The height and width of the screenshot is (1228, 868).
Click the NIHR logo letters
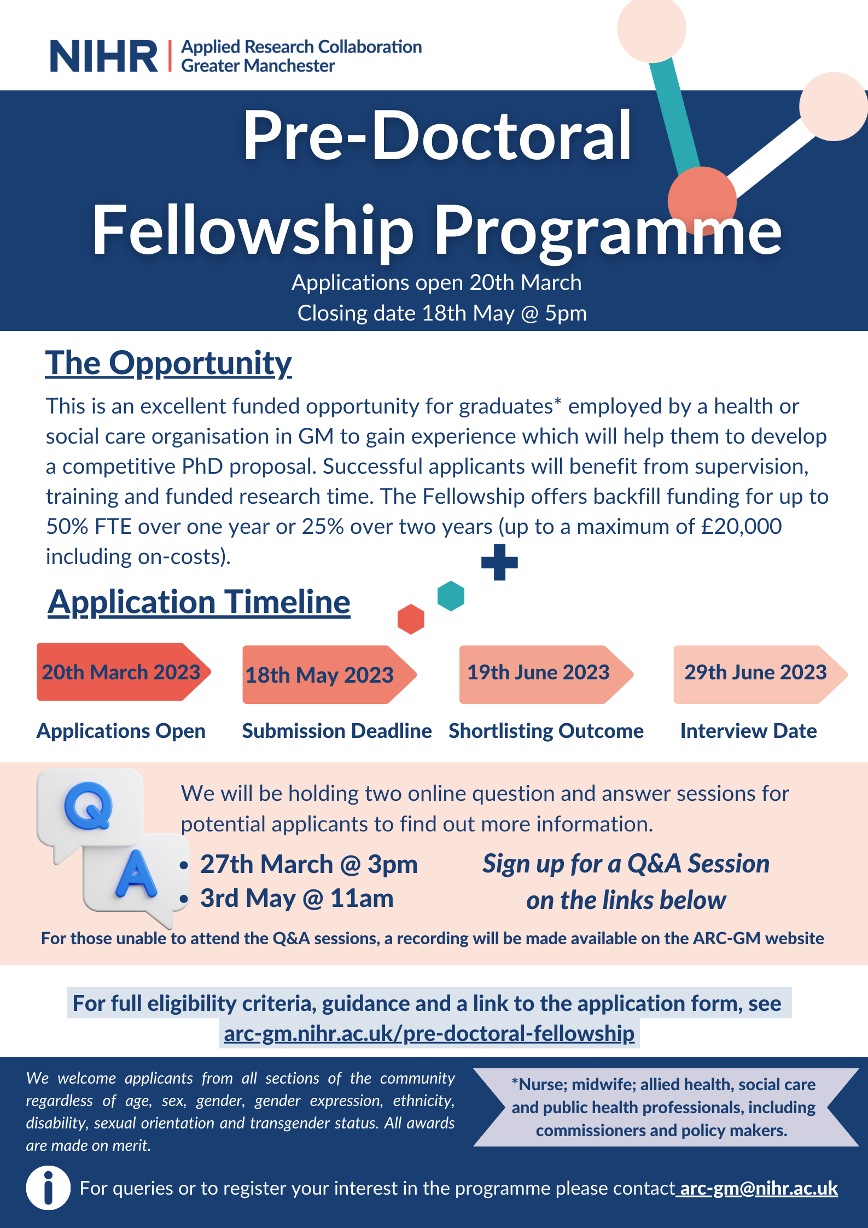(104, 56)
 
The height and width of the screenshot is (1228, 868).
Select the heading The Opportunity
(168, 363)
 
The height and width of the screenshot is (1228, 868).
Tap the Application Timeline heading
(199, 603)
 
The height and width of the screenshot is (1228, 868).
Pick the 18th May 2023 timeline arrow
(330, 674)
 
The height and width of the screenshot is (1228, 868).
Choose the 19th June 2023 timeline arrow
(546, 674)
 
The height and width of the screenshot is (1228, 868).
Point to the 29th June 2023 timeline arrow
(761, 674)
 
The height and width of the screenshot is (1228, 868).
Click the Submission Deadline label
(337, 731)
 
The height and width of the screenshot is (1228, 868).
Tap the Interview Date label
(748, 731)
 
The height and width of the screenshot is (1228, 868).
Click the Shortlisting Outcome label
(546, 731)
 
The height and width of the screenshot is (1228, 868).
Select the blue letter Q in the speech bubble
(88, 806)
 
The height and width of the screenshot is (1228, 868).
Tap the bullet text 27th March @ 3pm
(308, 865)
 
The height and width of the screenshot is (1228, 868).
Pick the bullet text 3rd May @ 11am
(296, 899)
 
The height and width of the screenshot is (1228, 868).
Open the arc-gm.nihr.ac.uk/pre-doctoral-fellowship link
(429, 1034)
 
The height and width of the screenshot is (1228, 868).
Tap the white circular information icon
(48, 1188)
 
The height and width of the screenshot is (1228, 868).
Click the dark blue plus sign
(499, 562)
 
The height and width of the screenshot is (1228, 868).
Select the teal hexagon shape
(451, 596)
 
